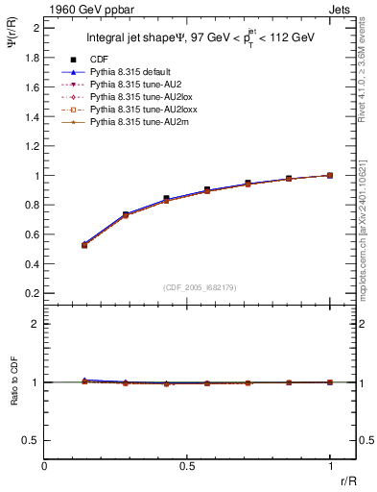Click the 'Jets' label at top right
click(x=342, y=8)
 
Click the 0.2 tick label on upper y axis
click(x=32, y=292)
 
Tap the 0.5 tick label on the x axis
click(x=187, y=466)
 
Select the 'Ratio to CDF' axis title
click(x=12, y=396)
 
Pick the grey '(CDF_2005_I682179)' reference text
click(x=200, y=286)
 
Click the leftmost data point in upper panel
click(x=85, y=245)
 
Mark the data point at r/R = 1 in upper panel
click(x=331, y=175)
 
